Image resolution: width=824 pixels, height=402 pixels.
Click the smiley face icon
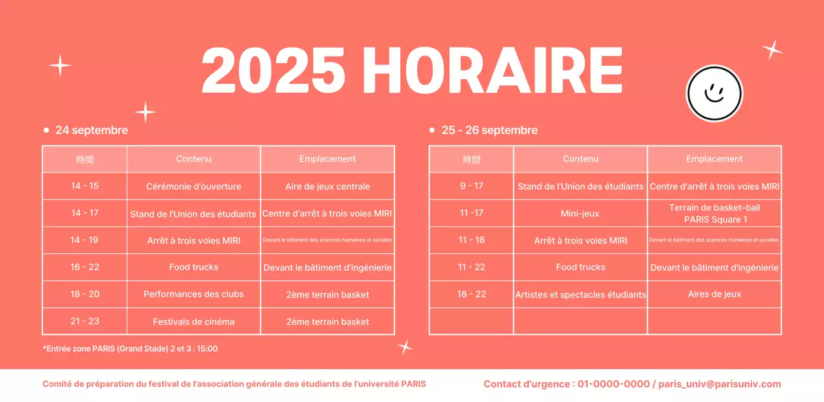(715, 93)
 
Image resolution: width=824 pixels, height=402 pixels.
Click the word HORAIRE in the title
(492, 71)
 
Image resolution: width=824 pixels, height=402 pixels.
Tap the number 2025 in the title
(273, 71)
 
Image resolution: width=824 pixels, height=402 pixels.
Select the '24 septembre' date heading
(91, 130)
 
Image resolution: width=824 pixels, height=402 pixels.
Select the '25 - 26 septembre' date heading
(489, 130)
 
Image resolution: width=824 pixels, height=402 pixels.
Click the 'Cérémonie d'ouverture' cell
(194, 186)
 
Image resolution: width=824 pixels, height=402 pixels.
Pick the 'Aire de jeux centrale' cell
(328, 186)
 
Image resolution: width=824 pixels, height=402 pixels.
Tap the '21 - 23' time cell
(85, 321)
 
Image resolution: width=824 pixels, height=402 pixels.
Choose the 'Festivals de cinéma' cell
(194, 321)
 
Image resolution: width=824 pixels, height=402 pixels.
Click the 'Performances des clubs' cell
(194, 294)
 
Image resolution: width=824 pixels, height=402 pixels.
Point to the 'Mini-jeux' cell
(581, 213)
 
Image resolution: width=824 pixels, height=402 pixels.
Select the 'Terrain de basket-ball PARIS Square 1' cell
(715, 213)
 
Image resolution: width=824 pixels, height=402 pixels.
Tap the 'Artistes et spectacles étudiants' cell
(581, 294)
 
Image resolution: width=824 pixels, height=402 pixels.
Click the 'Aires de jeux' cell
(715, 294)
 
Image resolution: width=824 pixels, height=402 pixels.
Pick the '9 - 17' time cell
(471, 186)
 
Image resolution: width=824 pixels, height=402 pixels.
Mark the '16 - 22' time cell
(85, 267)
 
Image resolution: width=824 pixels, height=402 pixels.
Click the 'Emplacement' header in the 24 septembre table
(328, 159)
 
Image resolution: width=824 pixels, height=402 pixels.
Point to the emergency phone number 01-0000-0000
(613, 384)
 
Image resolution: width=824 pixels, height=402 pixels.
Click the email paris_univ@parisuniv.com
(720, 384)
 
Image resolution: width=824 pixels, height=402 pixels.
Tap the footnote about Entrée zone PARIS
(130, 349)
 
